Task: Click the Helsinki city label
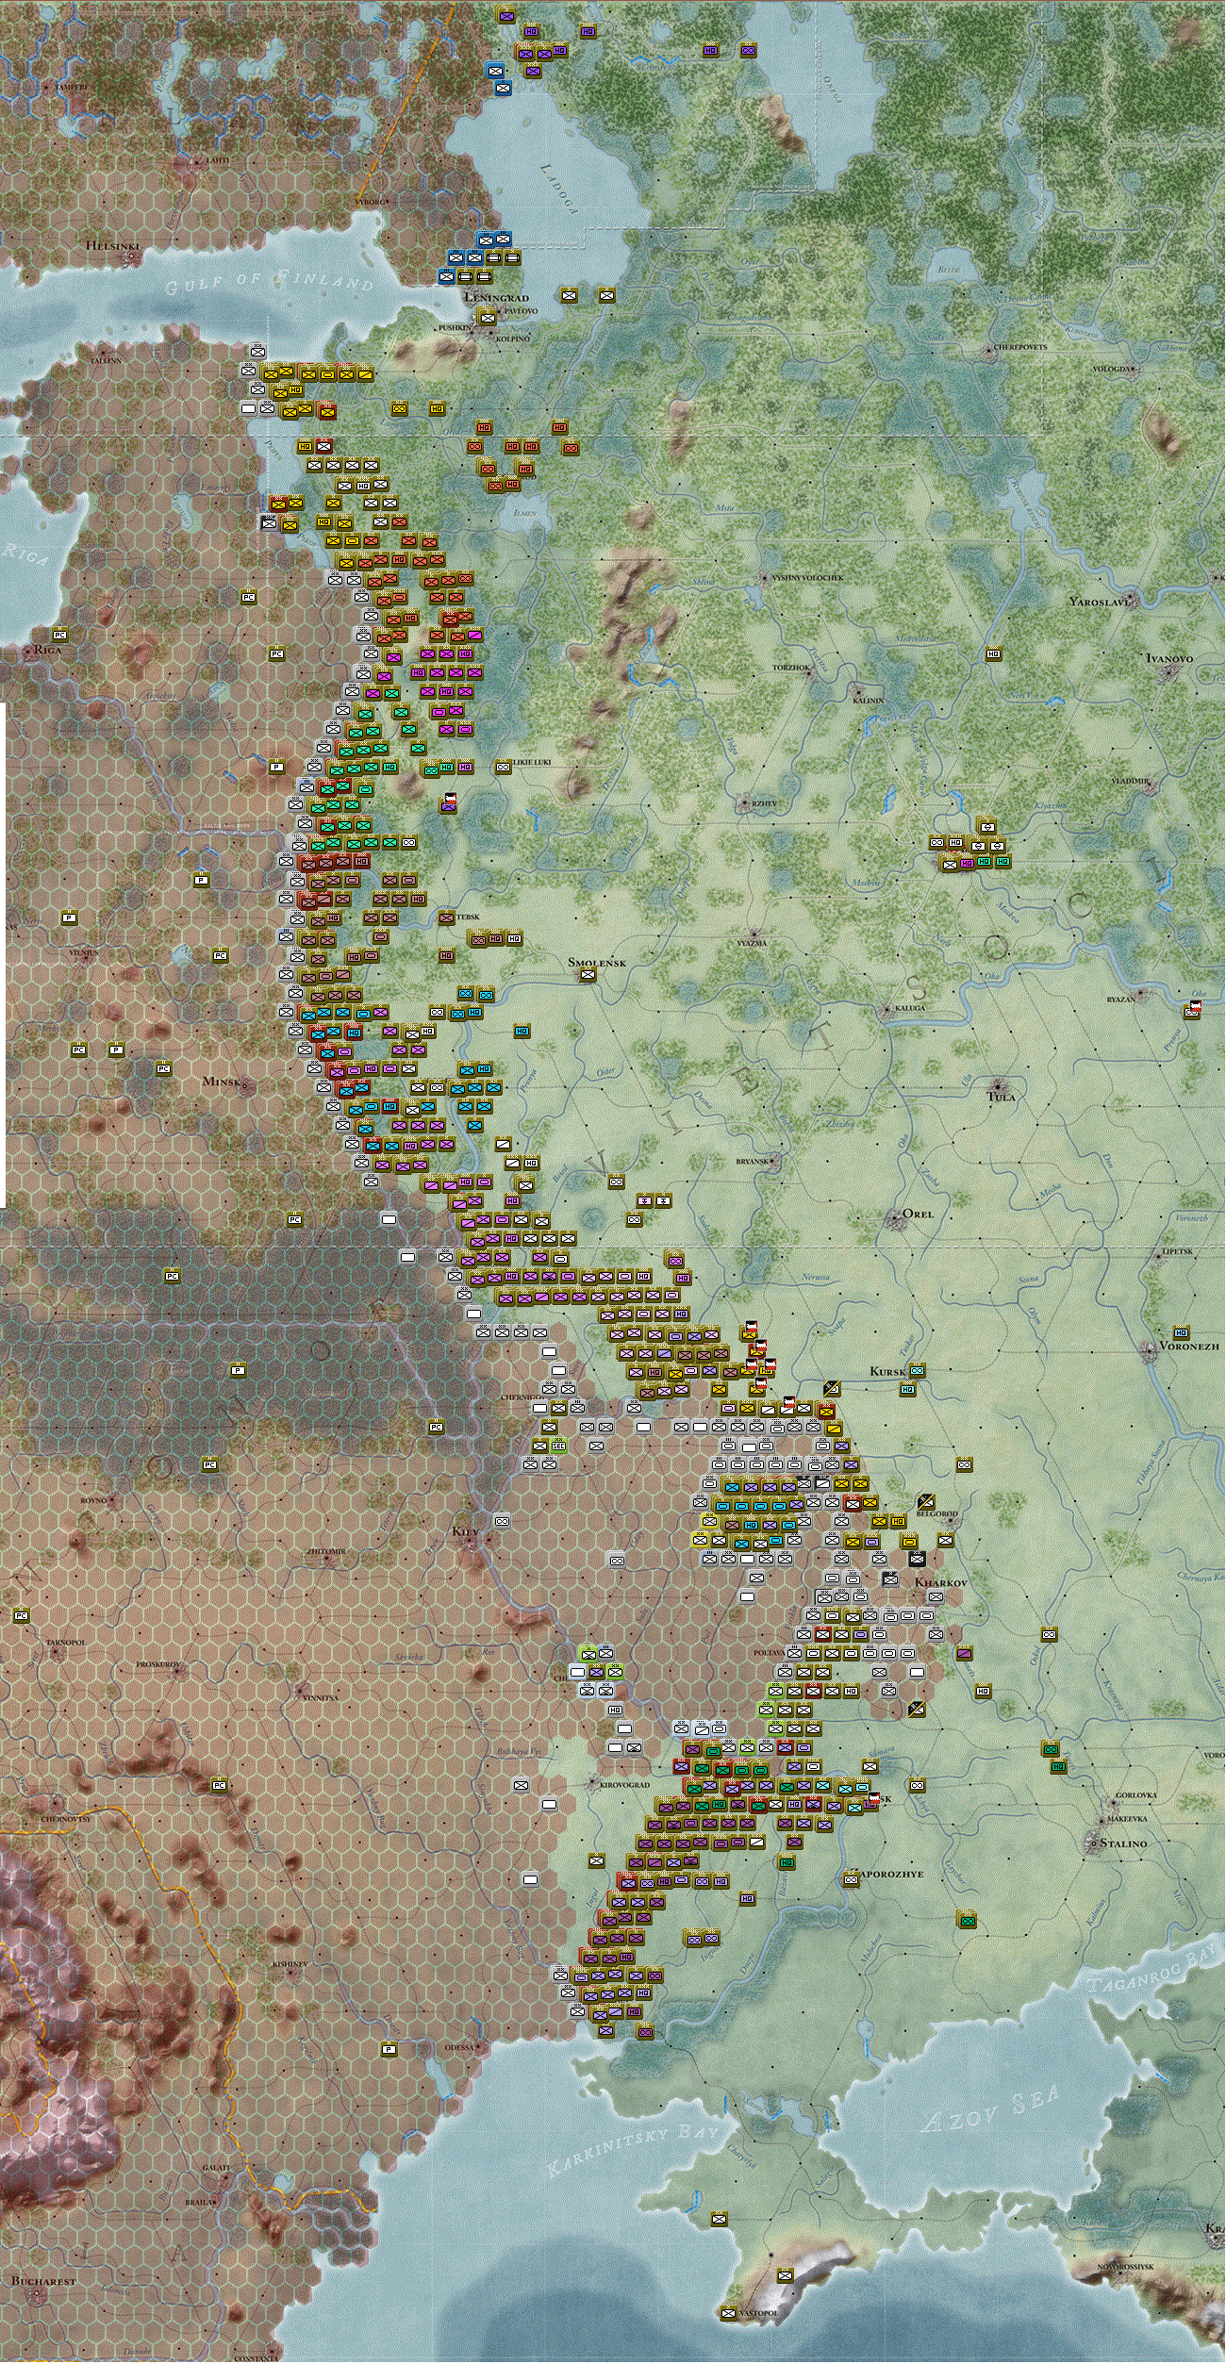click(x=112, y=245)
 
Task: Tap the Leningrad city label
click(x=496, y=297)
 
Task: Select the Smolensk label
click(x=596, y=962)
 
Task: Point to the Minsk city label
click(x=222, y=1081)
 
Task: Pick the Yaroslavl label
click(x=1099, y=601)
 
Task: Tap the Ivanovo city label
click(x=1168, y=658)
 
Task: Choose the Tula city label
click(x=1001, y=1096)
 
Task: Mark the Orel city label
click(x=918, y=1213)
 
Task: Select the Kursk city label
click(x=886, y=1371)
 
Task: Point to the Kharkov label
click(x=940, y=1581)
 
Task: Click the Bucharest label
click(x=43, y=2280)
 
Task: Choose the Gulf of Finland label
click(x=269, y=280)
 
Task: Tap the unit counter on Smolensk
click(x=588, y=975)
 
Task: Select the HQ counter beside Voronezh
click(x=1180, y=1332)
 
